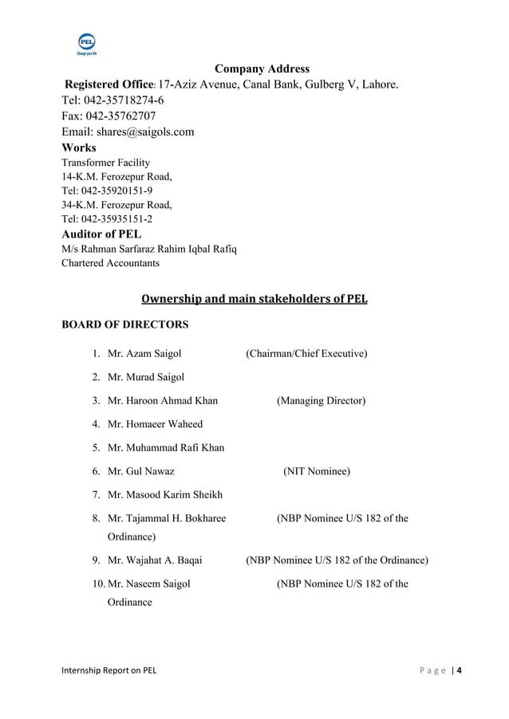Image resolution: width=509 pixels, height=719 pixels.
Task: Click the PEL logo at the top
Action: [x=86, y=44]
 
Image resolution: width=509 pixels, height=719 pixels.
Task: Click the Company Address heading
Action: [x=262, y=69]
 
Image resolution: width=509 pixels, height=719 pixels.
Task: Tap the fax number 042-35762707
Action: [x=120, y=116]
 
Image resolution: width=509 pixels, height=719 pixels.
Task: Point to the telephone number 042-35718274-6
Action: [x=124, y=100]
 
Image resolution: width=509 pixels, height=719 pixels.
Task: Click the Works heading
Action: [x=79, y=147]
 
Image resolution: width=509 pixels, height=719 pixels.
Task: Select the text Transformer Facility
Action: [x=106, y=163]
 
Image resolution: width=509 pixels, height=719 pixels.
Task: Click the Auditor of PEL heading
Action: [x=101, y=234]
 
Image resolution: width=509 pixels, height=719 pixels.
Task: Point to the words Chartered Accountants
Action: [x=111, y=263]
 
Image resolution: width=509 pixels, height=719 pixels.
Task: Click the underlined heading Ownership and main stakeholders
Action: [x=254, y=300]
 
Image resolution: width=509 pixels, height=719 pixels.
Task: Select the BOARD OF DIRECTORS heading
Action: [x=125, y=325]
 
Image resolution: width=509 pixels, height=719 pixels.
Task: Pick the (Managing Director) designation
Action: [x=321, y=400]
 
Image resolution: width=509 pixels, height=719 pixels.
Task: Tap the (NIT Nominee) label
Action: [x=316, y=471]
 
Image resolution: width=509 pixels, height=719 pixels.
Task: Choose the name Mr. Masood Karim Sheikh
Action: [x=165, y=495]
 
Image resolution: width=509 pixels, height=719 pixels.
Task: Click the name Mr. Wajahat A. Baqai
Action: [x=155, y=560]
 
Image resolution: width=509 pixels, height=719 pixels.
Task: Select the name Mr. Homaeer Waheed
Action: [x=155, y=424]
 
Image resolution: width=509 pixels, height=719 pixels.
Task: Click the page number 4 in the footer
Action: [x=459, y=670]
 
